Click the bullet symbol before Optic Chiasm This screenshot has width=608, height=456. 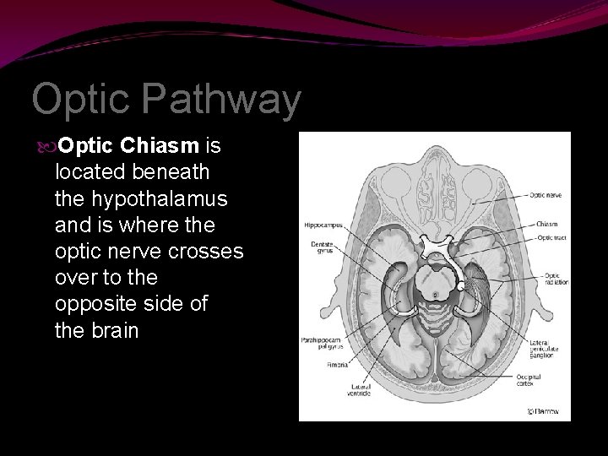pyautogui.click(x=46, y=147)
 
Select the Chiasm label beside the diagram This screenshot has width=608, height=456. pyautogui.click(x=545, y=225)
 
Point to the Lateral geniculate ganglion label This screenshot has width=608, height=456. pyautogui.click(x=544, y=348)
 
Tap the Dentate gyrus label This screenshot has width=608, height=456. pyautogui.click(x=320, y=248)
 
